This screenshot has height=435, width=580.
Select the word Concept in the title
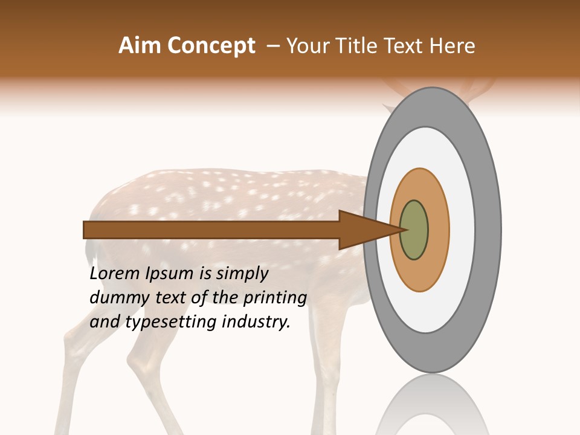click(211, 46)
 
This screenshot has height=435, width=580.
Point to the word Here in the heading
click(453, 46)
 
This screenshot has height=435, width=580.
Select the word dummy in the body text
click(115, 298)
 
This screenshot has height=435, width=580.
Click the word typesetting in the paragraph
click(171, 323)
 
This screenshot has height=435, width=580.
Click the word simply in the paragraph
click(242, 274)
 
